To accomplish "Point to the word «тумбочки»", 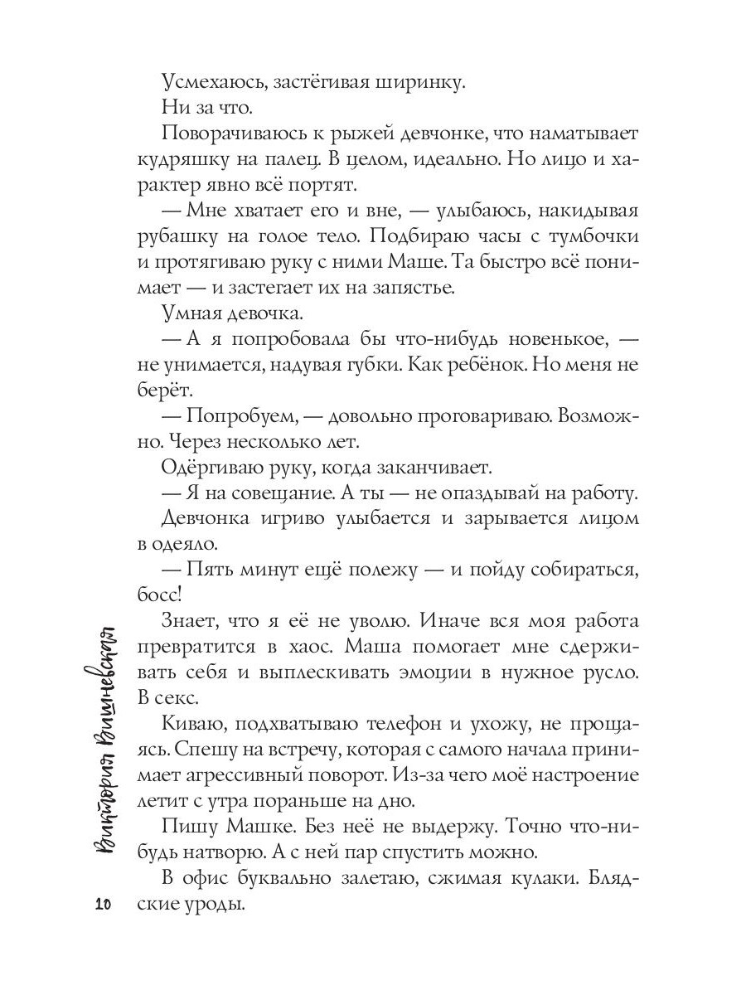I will (x=596, y=236).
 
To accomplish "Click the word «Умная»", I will (x=193, y=314).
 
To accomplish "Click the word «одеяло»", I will (x=184, y=546).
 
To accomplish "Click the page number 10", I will (x=103, y=905).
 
